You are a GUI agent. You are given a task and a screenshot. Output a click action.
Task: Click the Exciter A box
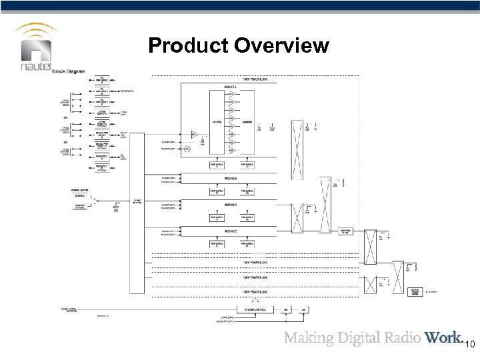pyautogui.click(x=79, y=197)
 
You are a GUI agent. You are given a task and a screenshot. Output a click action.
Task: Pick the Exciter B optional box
pyautogui.click(x=79, y=208)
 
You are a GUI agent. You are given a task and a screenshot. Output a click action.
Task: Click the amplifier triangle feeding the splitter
pyautogui.click(x=193, y=134)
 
